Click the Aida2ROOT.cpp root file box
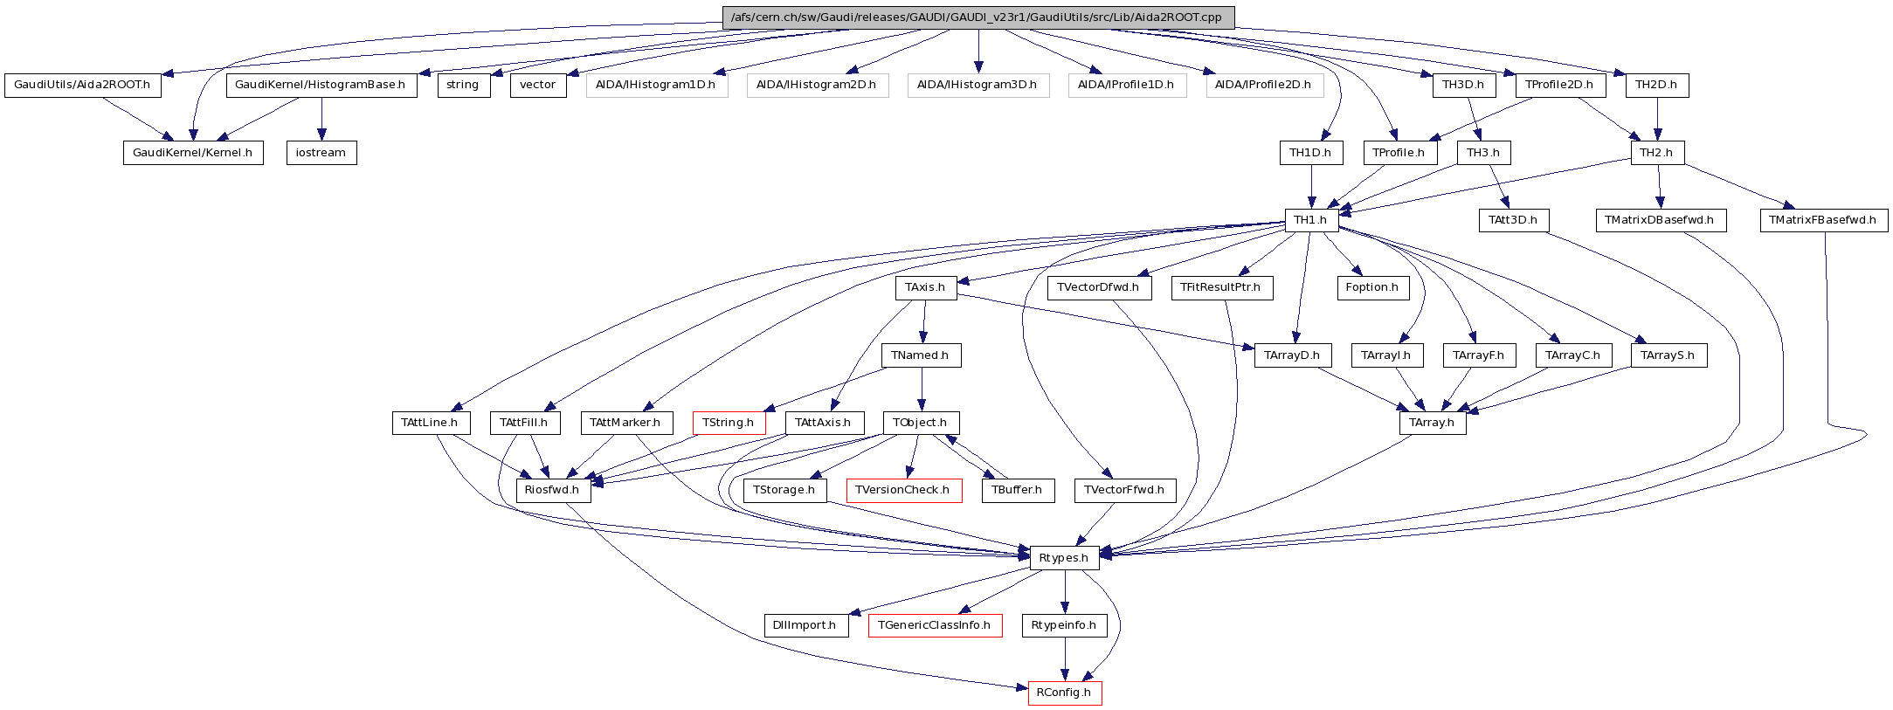coord(978,17)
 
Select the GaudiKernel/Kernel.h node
coord(193,153)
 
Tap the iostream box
coord(321,153)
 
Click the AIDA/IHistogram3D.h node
coord(978,86)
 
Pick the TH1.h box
coord(1311,220)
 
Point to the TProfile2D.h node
coord(1560,86)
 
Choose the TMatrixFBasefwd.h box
coord(1823,220)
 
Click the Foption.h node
coord(1372,287)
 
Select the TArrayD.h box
coord(1293,355)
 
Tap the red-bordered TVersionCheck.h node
coord(903,490)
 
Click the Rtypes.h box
coord(1064,558)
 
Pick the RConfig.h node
coord(1064,693)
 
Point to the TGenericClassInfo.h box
coord(935,625)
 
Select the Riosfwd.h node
coord(553,490)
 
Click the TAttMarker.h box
coord(625,423)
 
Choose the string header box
coord(463,86)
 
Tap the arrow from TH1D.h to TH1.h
coord(1311,186)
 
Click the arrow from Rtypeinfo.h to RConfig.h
coord(1064,658)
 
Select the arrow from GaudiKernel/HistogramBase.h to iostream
coord(321,119)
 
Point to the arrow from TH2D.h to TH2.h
coord(1657,119)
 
